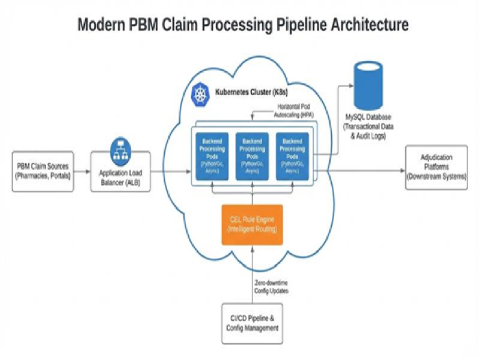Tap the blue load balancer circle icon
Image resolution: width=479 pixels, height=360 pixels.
tap(122, 149)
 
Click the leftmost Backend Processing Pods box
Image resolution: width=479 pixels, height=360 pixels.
tap(209, 156)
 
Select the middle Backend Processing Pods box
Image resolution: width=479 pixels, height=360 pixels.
tap(251, 156)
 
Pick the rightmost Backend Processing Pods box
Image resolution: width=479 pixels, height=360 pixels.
tap(292, 156)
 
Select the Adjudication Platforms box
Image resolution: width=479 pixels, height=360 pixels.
tap(436, 167)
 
